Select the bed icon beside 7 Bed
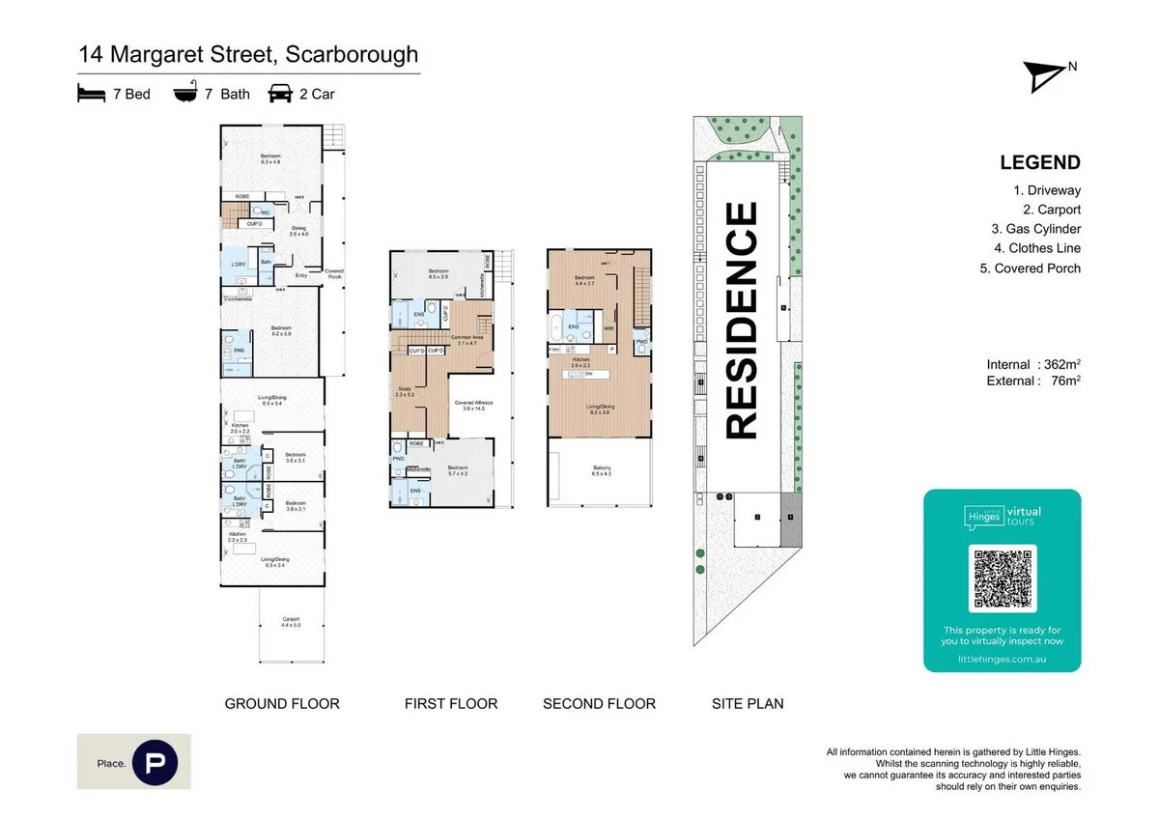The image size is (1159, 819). [90, 94]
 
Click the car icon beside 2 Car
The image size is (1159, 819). [280, 94]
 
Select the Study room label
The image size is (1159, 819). [405, 391]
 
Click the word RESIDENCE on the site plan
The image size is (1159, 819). [742, 320]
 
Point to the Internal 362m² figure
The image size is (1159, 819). [1032, 364]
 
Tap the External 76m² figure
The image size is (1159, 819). [1032, 381]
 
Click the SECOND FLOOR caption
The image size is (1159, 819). [599, 704]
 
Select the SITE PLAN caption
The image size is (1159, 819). [748, 704]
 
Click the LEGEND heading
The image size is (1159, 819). [1040, 163]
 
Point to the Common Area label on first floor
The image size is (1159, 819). [470, 339]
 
